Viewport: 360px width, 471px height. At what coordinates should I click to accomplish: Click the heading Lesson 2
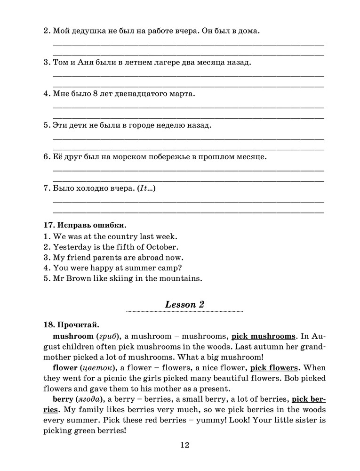tap(184, 304)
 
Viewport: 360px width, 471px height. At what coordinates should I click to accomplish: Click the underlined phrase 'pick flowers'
tap(274, 367)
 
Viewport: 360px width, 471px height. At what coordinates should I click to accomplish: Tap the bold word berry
tap(63, 399)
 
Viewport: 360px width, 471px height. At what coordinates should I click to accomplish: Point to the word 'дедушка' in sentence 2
tap(88, 31)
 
